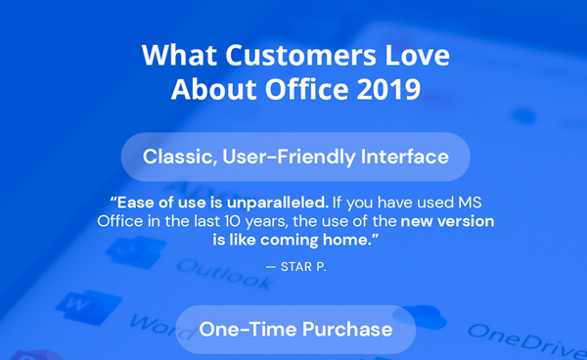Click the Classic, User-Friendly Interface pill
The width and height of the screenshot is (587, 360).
295,157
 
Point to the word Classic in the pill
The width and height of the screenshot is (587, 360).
177,157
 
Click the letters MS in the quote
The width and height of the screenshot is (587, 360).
468,203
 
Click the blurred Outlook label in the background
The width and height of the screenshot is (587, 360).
225,274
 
